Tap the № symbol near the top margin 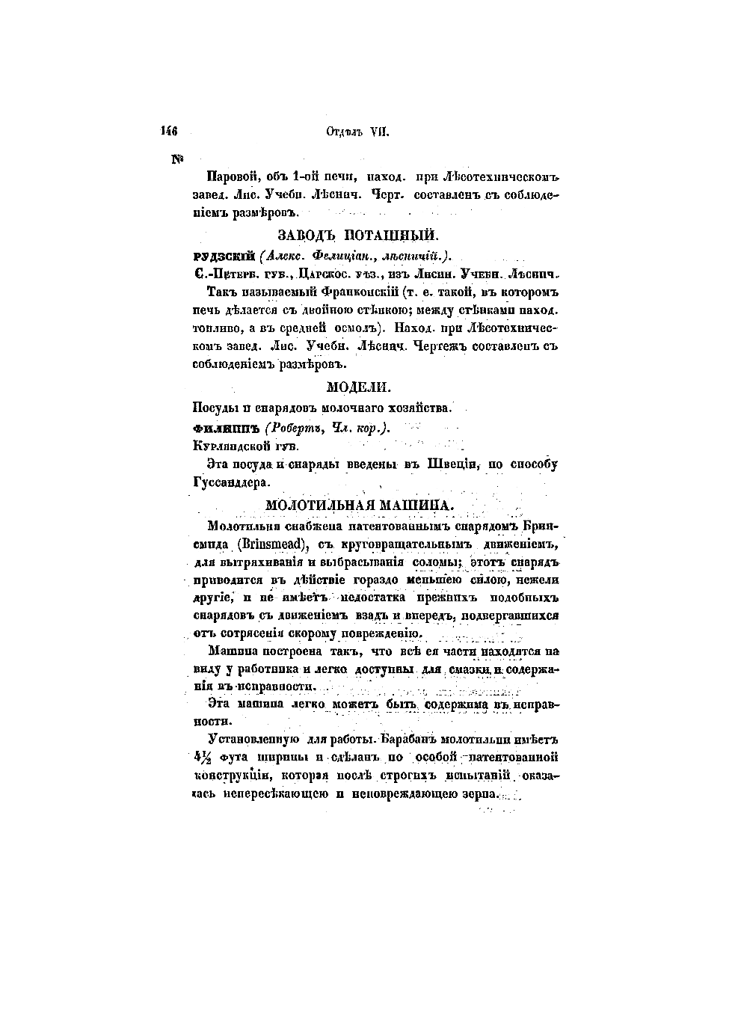[x=178, y=159]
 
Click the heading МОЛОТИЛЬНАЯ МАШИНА [x=360, y=506]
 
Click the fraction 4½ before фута [x=200, y=757]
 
